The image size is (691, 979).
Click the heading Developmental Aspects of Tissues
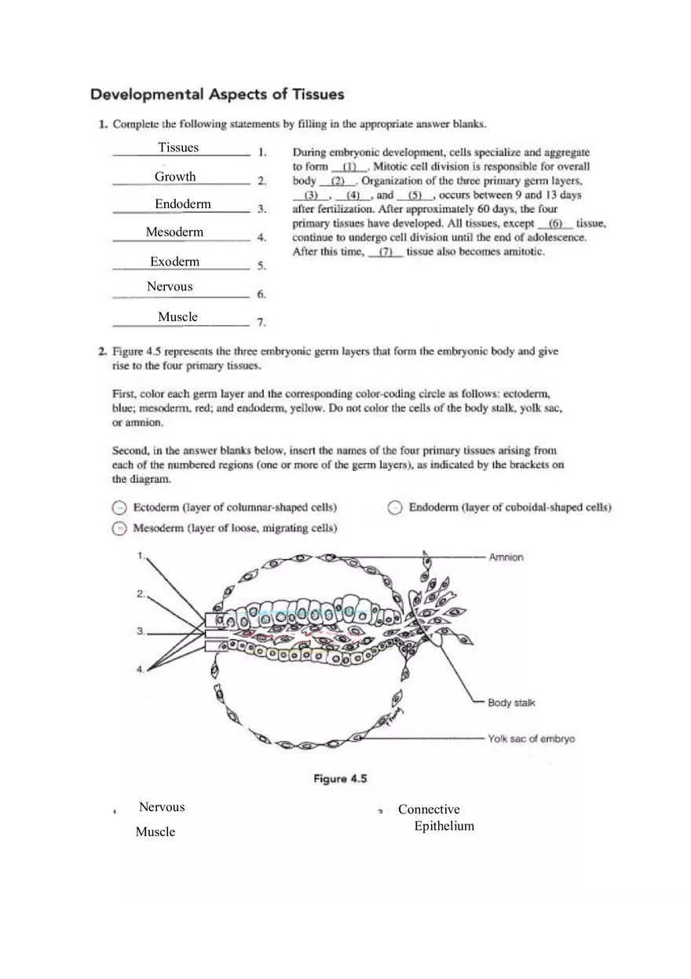click(217, 94)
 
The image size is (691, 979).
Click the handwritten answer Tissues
click(178, 148)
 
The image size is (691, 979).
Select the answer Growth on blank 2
click(175, 177)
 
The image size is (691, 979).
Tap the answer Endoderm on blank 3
click(182, 204)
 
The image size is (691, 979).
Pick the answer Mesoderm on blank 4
click(174, 232)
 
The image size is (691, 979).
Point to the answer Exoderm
click(174, 261)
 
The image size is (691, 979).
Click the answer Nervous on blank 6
click(170, 287)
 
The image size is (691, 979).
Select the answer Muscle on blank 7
click(177, 317)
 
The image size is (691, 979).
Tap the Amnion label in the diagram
click(506, 557)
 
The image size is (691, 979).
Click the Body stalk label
click(511, 703)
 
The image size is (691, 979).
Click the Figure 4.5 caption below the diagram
click(340, 779)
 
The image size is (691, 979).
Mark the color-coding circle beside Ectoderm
click(119, 508)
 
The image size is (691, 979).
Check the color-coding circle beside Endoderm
click(395, 508)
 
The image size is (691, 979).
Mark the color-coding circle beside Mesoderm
click(119, 528)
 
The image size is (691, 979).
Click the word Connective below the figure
click(429, 809)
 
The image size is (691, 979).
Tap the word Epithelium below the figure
click(444, 826)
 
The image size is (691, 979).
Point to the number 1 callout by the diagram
click(140, 556)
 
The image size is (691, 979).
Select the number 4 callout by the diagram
click(140, 669)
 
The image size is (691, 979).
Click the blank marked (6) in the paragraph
click(555, 224)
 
